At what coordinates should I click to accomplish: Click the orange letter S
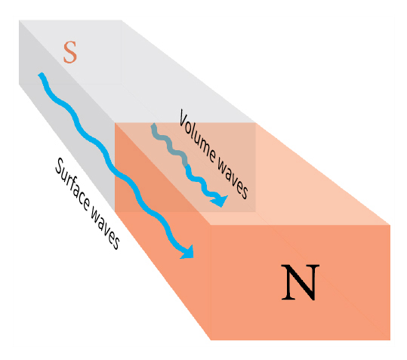click(x=70, y=52)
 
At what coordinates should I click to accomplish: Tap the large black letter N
click(x=301, y=282)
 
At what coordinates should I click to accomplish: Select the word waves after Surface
click(x=105, y=228)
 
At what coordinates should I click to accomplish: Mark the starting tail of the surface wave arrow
click(x=41, y=75)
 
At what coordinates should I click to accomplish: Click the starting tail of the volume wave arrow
click(x=154, y=125)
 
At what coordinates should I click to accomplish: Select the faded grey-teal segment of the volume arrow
click(x=169, y=145)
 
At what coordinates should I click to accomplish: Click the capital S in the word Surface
click(x=60, y=166)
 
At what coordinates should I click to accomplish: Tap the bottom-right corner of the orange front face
click(x=390, y=340)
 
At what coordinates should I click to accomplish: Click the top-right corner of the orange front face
click(x=390, y=225)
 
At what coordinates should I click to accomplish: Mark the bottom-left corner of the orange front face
click(x=211, y=340)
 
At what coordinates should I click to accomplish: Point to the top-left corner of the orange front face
click(x=211, y=225)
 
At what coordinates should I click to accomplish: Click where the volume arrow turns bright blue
click(x=187, y=166)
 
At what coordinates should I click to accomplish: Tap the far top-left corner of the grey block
click(x=19, y=20)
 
